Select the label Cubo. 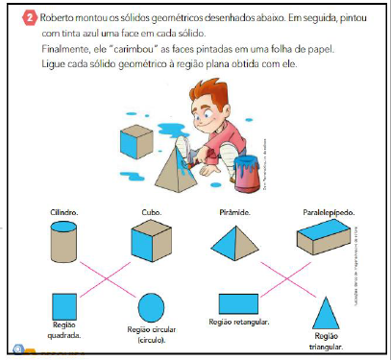150,210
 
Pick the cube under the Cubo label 150,239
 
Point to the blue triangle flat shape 325,314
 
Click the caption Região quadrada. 64,331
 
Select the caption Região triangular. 326,341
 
